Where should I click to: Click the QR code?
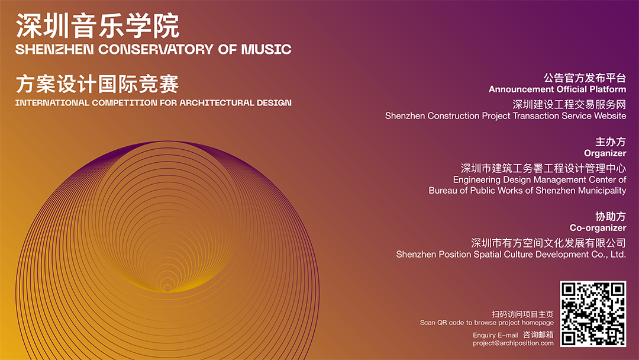point(593,314)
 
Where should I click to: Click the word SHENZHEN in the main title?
point(54,49)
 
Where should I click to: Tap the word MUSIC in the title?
point(266,49)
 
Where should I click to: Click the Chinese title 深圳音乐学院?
point(98,25)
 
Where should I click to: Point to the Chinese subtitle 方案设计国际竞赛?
point(98,84)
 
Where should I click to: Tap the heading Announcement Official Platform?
point(557,89)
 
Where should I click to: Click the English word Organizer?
point(605,153)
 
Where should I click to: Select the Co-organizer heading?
point(598,228)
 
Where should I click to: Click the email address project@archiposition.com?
point(513,343)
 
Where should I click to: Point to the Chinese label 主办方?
point(611,142)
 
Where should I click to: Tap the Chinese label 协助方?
point(611,217)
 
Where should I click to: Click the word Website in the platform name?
point(609,116)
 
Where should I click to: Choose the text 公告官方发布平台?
point(585,78)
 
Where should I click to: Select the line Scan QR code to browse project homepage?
point(486,323)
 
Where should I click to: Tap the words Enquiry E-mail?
point(496,335)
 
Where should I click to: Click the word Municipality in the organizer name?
point(602,191)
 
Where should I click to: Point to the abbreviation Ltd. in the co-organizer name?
point(618,255)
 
